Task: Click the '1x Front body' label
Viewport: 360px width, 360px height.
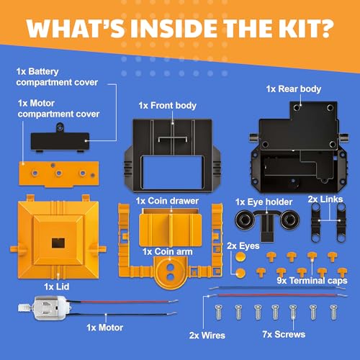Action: (x=167, y=106)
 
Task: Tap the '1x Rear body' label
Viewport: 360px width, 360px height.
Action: (x=294, y=89)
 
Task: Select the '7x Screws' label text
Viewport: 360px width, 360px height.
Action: (x=284, y=334)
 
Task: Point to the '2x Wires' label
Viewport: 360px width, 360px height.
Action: (x=207, y=336)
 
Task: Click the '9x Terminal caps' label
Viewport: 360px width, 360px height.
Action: (x=312, y=281)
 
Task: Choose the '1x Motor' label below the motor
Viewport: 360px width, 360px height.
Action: (x=104, y=328)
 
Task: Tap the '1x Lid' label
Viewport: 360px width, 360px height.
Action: (x=57, y=287)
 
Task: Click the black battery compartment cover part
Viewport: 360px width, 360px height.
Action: (x=60, y=140)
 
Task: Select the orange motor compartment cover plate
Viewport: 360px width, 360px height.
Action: (x=59, y=174)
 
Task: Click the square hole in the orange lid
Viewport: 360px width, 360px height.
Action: (x=58, y=243)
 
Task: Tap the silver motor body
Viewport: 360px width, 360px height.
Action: (x=52, y=308)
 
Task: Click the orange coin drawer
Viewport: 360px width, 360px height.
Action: (x=171, y=227)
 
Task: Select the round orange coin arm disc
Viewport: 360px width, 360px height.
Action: (x=171, y=272)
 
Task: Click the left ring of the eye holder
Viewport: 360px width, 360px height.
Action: (x=245, y=220)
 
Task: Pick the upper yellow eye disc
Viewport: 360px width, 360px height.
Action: (x=240, y=257)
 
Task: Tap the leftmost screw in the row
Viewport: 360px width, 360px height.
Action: (x=218, y=312)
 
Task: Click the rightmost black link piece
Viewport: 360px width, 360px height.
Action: (x=341, y=222)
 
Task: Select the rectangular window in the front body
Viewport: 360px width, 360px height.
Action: (x=173, y=172)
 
